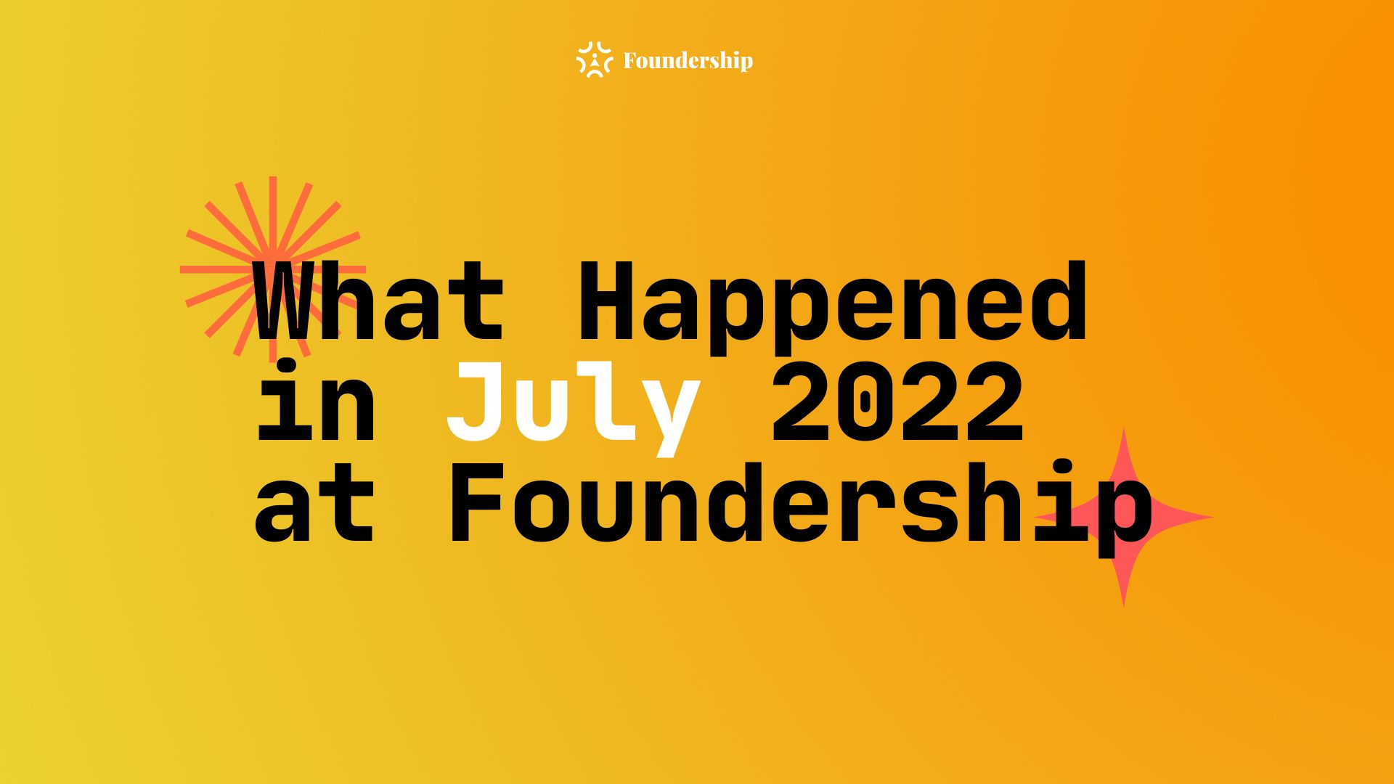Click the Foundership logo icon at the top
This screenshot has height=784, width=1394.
[x=594, y=60]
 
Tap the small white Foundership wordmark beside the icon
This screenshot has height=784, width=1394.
[x=688, y=61]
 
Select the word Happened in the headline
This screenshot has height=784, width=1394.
[x=832, y=309]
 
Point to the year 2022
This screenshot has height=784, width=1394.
[x=897, y=402]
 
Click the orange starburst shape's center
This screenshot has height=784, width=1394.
[x=273, y=269]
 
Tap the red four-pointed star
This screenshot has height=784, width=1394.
[x=1124, y=518]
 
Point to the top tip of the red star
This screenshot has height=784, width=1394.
[x=1124, y=428]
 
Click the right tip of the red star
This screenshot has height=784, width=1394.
[x=1213, y=518]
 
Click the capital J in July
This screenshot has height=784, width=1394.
[x=474, y=402]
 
